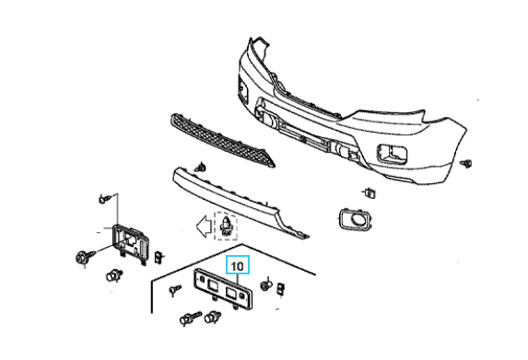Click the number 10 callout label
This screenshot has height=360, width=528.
pos(238,266)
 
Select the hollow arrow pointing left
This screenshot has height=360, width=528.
pos(204,226)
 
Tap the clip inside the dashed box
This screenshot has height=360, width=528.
pos(226,226)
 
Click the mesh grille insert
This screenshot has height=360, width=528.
pos(222,141)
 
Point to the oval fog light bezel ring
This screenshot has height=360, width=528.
pos(355,220)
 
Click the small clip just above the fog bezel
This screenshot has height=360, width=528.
pos(370,193)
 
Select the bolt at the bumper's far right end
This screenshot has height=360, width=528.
pos(466,164)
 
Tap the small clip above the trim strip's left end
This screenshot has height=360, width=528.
pos(202,167)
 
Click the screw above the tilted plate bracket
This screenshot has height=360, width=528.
pos(104,199)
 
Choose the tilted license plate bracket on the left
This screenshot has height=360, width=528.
pos(131,243)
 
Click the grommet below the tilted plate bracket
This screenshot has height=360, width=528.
pos(113,276)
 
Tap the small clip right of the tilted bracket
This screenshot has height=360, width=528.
pos(158,258)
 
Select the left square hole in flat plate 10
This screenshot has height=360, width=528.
pos(213,285)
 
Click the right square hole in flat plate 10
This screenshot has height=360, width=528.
pos(231,293)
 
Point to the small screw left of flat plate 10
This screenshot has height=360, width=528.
pos(175,289)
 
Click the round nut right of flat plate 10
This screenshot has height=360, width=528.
pos(266,286)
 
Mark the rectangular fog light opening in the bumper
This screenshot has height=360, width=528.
pos(393,154)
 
